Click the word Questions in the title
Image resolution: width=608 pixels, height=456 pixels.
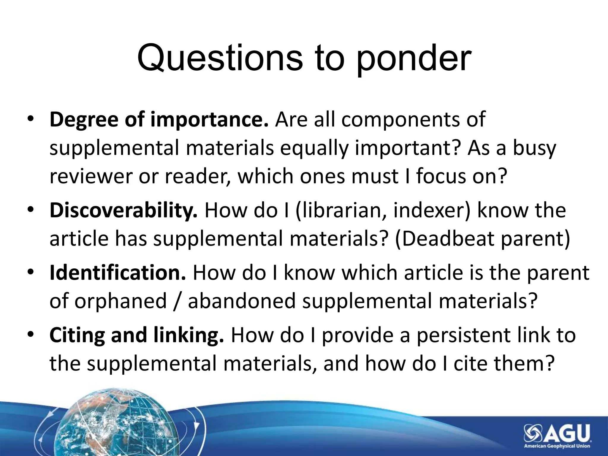click(220, 58)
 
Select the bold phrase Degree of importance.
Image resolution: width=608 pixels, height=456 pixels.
click(159, 119)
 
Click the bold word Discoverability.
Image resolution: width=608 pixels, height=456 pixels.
click(123, 210)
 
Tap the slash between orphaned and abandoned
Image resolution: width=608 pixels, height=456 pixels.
click(178, 301)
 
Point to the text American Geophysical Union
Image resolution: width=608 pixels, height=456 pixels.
click(557, 446)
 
